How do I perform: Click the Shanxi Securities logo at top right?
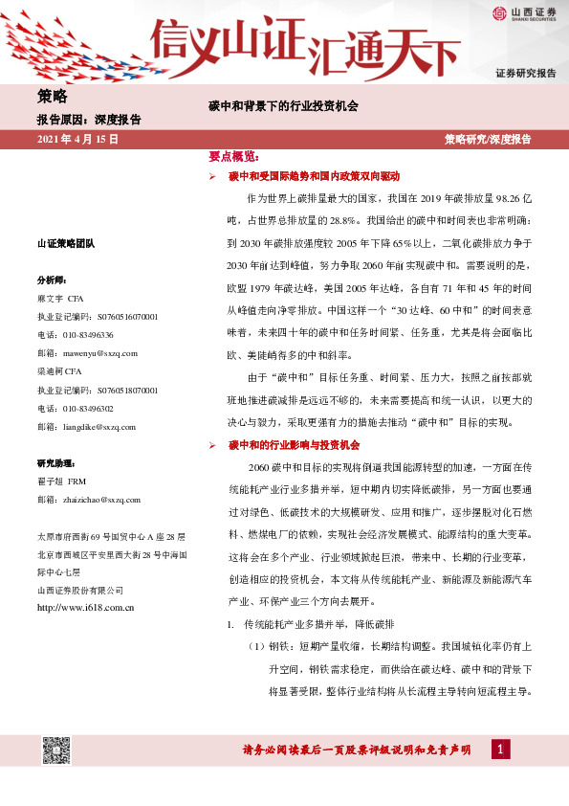pos(524,13)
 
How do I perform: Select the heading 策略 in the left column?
pos(52,96)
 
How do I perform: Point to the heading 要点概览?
pos(233,155)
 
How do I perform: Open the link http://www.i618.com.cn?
pos(84,607)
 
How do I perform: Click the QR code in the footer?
pos(56,750)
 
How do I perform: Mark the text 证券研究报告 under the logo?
pos(526,73)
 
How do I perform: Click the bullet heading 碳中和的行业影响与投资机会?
pos(293,418)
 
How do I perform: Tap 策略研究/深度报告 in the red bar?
pos(488,140)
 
